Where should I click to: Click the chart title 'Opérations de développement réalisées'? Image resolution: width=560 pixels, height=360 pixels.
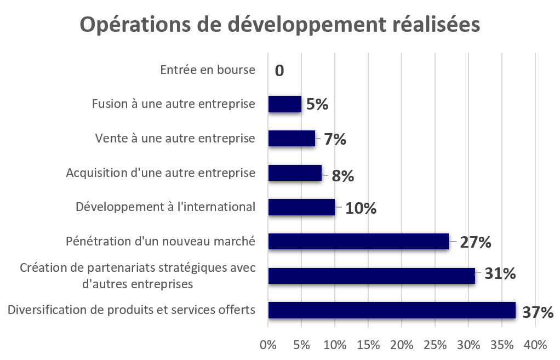coord(280,25)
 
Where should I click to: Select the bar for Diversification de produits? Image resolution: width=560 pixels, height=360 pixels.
coord(392,311)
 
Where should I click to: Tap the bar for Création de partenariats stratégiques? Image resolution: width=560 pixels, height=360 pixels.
coord(372,277)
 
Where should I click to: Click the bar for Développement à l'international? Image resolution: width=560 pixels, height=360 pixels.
coord(301,208)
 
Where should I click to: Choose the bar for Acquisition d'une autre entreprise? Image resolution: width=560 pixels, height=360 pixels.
coord(295,174)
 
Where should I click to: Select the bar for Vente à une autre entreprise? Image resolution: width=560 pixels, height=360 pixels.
coord(292,139)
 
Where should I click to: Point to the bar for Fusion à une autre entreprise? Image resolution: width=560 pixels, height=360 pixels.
coord(284,105)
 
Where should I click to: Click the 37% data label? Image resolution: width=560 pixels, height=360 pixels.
coord(538,312)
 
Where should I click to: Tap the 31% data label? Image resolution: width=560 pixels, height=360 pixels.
coord(499,273)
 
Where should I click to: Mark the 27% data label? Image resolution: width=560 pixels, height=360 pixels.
coord(475,242)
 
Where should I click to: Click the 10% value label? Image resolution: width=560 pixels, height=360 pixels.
coord(360,208)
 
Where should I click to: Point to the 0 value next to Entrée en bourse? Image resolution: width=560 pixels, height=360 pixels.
coord(279,71)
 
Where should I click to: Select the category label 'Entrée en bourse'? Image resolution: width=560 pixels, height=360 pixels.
coord(208,71)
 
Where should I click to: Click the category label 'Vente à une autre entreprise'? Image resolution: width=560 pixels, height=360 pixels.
coord(175,139)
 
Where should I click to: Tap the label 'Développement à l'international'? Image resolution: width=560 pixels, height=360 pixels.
coord(165,207)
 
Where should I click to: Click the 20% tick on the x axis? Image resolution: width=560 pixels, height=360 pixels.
coord(402,345)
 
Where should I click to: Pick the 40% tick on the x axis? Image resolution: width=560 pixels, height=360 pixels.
coord(535,345)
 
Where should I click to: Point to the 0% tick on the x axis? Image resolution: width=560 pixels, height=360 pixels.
coord(268,345)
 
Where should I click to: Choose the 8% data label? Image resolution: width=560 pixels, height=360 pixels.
coord(343,176)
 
